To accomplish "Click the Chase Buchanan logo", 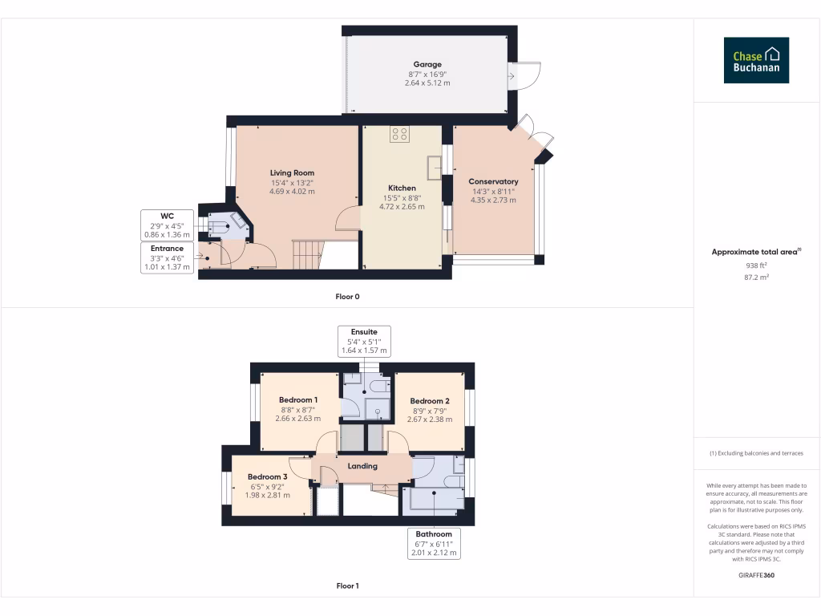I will pos(756,60).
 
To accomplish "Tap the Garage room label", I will pos(427,64).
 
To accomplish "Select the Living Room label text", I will pos(292,172).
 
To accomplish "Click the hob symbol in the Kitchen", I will pos(399,134).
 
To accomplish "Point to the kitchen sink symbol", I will pos(435,168).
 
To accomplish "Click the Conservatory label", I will pos(493,181).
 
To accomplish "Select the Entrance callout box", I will pos(167,257).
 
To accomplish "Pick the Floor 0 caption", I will pos(347,297).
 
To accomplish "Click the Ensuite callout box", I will pos(363,341).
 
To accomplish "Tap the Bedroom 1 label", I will pos(298,400).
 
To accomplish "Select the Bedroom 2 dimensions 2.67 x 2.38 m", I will pos(430,419).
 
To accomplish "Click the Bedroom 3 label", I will pos(266,476).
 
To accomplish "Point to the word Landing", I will pos(362,466).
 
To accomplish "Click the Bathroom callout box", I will pos(433,543).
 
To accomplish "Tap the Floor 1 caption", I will pos(347,586).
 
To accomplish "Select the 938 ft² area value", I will pos(756,265).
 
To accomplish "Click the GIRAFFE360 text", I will pos(756,575).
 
